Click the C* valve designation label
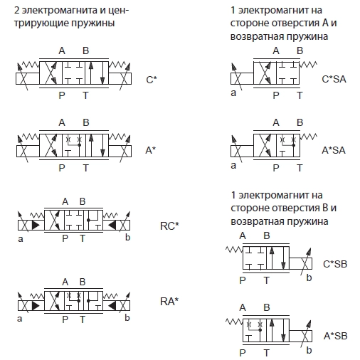click(x=152, y=80)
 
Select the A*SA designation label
click(x=334, y=150)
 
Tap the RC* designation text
click(x=169, y=226)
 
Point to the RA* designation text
click(x=169, y=302)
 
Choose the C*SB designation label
click(x=335, y=264)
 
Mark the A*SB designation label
click(x=335, y=336)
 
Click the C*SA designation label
click(x=334, y=79)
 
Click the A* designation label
click(x=151, y=150)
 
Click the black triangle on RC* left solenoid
click(x=36, y=225)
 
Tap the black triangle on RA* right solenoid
click(x=112, y=306)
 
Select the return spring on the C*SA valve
click(x=308, y=65)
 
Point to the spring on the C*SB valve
click(x=234, y=250)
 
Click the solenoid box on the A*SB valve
click(x=301, y=336)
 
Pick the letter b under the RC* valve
click(x=127, y=237)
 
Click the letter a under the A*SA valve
click(x=233, y=165)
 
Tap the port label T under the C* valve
click(x=85, y=95)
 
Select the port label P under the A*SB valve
click(x=243, y=353)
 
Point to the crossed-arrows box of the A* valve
click(x=51, y=145)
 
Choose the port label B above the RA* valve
click(x=83, y=282)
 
